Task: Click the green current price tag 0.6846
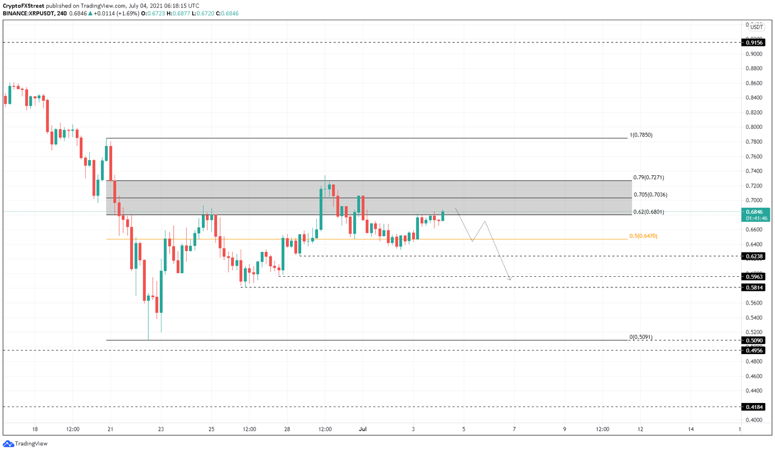[x=755, y=212]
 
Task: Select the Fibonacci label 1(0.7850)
[x=641, y=135]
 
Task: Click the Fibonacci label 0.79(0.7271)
[x=648, y=178]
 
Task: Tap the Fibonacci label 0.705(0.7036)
[x=650, y=195]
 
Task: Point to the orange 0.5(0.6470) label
[x=643, y=236]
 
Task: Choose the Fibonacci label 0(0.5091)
[x=640, y=337]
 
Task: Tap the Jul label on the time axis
[x=362, y=429]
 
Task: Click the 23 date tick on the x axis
[x=161, y=429]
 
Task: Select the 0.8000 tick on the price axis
[x=754, y=127]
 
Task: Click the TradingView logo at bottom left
[x=25, y=443]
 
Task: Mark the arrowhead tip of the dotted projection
[x=511, y=279]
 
